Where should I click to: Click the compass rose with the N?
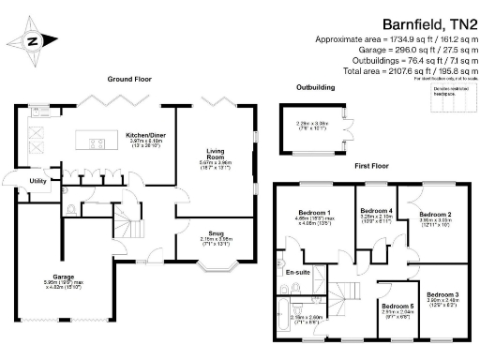[x=33, y=40]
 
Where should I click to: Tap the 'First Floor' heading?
[x=372, y=165]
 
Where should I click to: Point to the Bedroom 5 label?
[x=397, y=306]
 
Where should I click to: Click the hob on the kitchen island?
[x=97, y=143]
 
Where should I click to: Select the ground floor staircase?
[x=125, y=225]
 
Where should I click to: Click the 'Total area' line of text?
[x=412, y=69]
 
